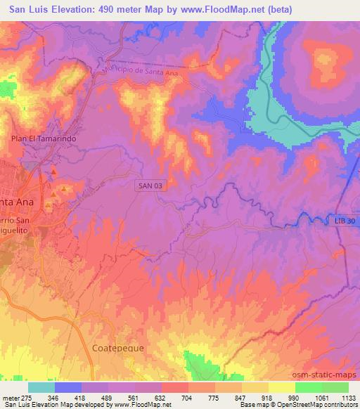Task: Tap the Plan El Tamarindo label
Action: pos(43,139)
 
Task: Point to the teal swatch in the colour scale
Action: pos(41,387)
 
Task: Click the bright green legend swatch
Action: pos(309,387)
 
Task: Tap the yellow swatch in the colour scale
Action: pos(282,387)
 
